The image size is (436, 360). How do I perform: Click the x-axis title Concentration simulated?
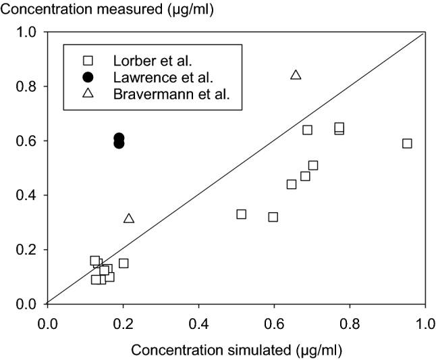click(236, 350)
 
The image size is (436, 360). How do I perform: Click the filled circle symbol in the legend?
click(87, 77)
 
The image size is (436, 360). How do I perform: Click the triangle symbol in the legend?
click(87, 93)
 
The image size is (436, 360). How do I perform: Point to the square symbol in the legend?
click(87, 61)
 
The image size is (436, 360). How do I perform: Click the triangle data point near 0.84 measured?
click(296, 74)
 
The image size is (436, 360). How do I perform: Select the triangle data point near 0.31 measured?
click(129, 218)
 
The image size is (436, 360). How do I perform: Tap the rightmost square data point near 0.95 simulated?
click(407, 143)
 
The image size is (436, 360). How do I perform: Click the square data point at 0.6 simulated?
click(273, 217)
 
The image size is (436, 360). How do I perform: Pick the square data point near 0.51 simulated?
click(241, 214)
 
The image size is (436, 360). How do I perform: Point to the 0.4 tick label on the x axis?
click(198, 323)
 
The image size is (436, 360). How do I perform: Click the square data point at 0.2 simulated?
click(124, 263)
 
